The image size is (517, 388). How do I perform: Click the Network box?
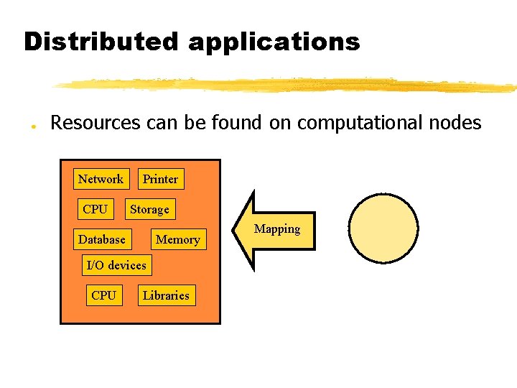[x=101, y=179]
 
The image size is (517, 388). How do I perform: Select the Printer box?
[x=160, y=179]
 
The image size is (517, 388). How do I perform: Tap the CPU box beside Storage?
[x=95, y=209]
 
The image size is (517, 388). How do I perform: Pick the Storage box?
[x=149, y=209]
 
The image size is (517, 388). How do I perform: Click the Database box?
[x=102, y=239]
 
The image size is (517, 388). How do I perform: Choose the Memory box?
[x=177, y=239]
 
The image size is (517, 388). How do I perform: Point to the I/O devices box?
[x=116, y=265]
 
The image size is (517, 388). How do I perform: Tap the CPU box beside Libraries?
[x=103, y=295]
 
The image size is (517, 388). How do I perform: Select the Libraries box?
[x=166, y=295]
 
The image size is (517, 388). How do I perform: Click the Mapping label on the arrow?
[x=277, y=229]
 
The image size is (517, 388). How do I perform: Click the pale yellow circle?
[x=383, y=228]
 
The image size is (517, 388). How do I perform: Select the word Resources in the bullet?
[x=96, y=123]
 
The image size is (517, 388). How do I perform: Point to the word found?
[x=238, y=123]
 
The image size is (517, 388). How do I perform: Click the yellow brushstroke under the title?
[x=287, y=85]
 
